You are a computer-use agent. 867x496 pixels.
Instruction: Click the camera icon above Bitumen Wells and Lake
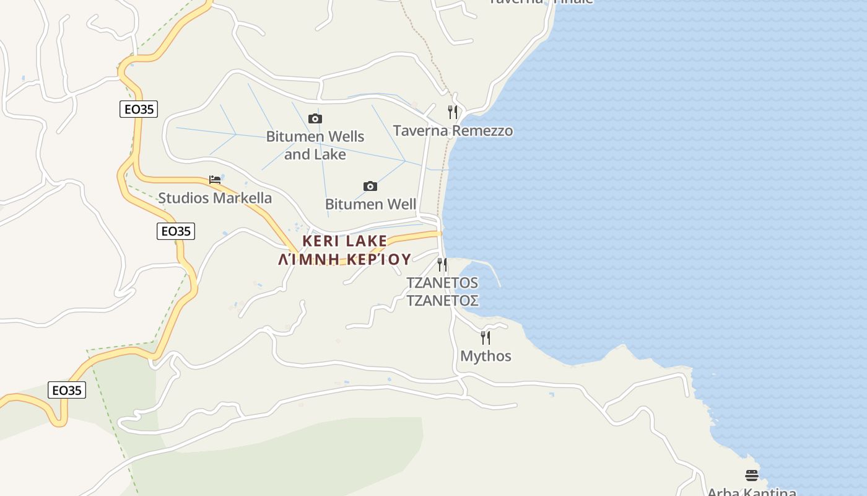[315, 118]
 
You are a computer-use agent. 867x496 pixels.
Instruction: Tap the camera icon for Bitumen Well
[370, 186]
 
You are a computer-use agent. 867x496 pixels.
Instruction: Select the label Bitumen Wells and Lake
[315, 145]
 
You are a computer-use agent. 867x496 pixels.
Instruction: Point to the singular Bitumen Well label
[370, 204]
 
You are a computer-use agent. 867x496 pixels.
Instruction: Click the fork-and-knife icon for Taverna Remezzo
[453, 112]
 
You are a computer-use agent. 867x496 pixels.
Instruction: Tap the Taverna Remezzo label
[453, 131]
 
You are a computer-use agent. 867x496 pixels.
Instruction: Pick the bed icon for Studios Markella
[215, 180]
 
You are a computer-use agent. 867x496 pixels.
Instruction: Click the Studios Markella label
[215, 198]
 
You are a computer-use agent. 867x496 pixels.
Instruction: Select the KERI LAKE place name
[344, 241]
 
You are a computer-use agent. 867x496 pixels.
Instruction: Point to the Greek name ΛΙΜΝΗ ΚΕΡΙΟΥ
[344, 259]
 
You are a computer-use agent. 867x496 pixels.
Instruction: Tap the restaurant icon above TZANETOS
[442, 265]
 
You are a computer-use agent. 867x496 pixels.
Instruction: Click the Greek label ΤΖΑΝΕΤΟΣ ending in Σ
[442, 301]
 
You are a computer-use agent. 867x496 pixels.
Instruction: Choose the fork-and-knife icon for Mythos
[486, 338]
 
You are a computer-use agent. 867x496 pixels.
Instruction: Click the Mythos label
[486, 356]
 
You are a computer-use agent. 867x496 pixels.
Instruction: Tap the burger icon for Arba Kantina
[752, 476]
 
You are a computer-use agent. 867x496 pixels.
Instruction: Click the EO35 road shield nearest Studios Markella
[176, 231]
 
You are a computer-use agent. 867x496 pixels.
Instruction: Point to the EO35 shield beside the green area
[67, 390]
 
